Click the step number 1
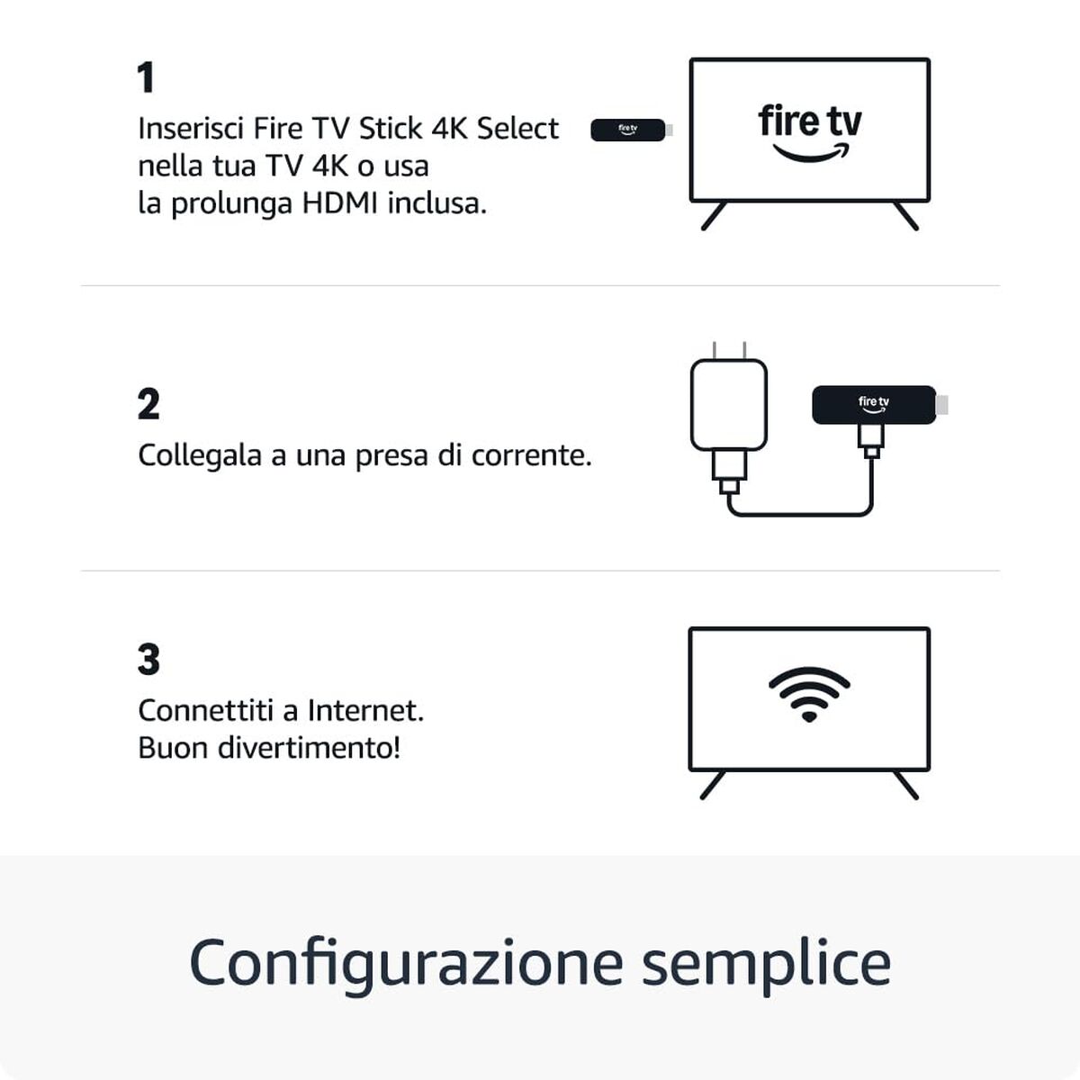tap(146, 78)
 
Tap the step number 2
tap(148, 405)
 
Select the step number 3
tap(148, 660)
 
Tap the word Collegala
tap(199, 455)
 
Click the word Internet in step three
tap(364, 711)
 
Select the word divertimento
tap(310, 748)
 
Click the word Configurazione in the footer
tap(406, 963)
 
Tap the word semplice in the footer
tap(765, 963)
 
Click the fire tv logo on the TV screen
tap(809, 131)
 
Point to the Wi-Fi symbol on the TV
tap(809, 693)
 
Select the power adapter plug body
tap(729, 404)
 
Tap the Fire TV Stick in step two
tap(873, 404)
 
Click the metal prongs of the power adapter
tap(729, 350)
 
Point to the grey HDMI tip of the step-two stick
tap(942, 405)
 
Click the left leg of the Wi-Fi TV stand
tap(712, 786)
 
